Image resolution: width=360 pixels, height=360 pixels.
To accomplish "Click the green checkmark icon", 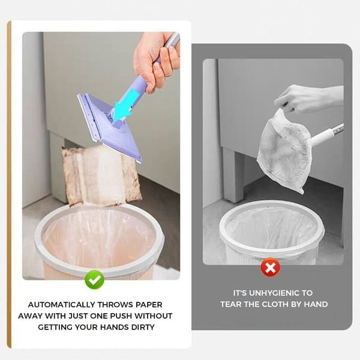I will point(94,280).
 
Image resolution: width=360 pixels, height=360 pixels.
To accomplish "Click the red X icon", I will point(271,268).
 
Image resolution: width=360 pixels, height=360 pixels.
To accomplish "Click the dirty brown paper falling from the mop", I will point(101,174).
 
